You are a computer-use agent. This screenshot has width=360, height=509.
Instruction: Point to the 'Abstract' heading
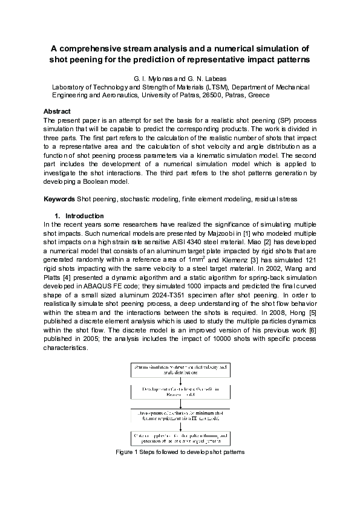(x=57, y=111)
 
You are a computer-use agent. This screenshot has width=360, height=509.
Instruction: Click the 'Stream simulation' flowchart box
(x=180, y=369)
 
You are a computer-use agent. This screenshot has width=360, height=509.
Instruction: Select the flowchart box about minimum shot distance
(x=180, y=415)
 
